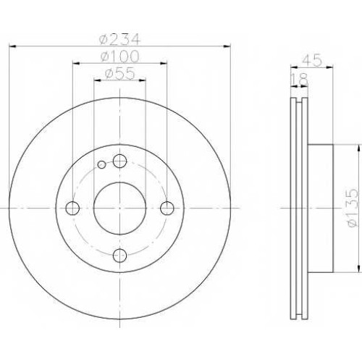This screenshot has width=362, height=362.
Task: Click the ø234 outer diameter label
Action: coord(119,39)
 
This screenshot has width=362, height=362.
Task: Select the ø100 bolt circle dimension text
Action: coord(119,56)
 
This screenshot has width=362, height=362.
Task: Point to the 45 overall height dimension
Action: coord(312,60)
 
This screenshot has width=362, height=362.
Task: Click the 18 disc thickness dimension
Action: coord(300,79)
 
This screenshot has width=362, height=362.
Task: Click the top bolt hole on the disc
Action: coord(120,161)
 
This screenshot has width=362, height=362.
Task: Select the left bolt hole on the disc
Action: coord(72,208)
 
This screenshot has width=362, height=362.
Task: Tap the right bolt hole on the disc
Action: coord(167,208)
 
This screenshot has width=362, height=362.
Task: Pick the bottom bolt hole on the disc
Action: coord(120,256)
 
